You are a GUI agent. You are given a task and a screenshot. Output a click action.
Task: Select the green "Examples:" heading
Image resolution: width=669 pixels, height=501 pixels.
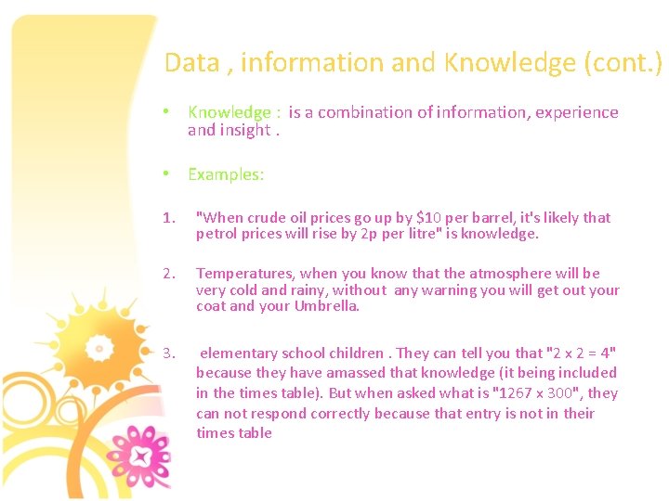(226, 174)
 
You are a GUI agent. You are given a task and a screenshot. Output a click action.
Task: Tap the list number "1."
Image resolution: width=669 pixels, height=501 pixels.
(168, 218)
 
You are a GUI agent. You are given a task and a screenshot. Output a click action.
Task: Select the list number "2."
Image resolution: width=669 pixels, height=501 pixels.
(168, 274)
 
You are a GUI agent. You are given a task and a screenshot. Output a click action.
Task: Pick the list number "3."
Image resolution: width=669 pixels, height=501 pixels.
(168, 353)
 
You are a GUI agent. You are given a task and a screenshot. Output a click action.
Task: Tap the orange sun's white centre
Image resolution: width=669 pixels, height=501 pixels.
(97, 348)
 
